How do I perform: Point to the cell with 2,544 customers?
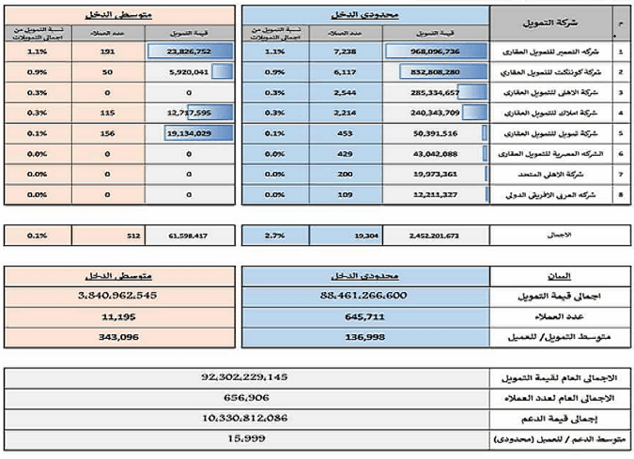[x=346, y=93]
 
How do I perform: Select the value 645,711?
[x=366, y=315]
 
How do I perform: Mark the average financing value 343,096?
[x=118, y=335]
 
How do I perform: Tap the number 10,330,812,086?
[x=244, y=417]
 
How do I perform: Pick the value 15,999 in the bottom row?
[x=244, y=437]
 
